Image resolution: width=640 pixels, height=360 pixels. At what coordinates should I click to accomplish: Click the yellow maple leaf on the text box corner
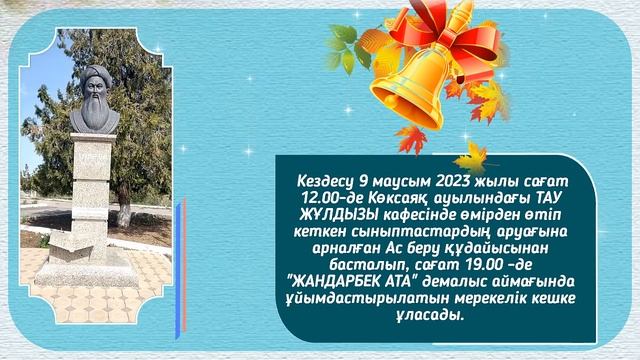[x=469, y=157]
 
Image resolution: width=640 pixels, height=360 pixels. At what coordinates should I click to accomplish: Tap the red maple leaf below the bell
[x=410, y=139]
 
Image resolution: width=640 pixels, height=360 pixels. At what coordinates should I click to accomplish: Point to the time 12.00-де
[x=319, y=200]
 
